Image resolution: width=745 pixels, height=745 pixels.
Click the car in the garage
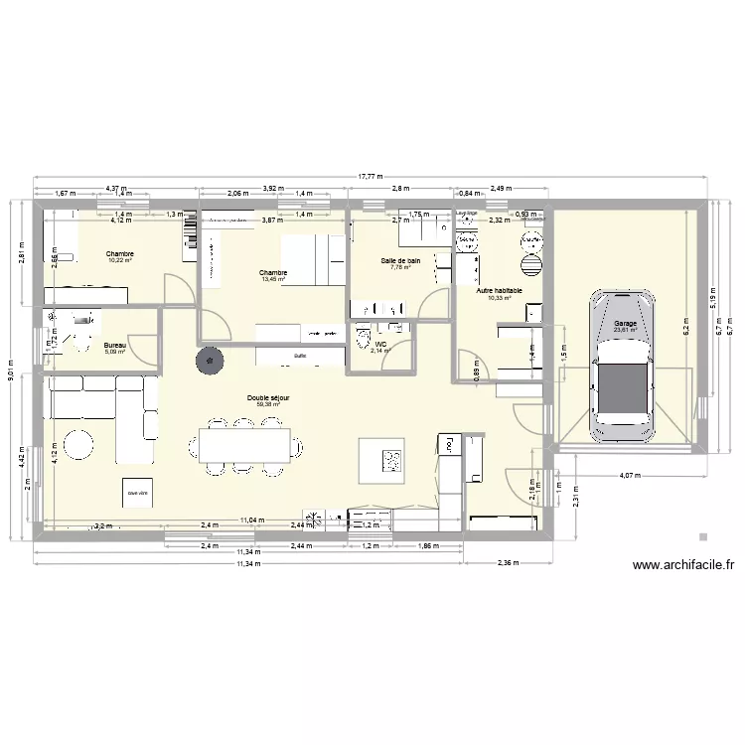[x=623, y=365]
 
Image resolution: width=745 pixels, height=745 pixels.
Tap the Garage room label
[x=625, y=323]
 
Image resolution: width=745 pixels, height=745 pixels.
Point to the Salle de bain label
[x=400, y=260]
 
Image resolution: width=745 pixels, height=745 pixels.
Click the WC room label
[x=380, y=344]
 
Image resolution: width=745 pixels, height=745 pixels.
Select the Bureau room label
[x=115, y=345]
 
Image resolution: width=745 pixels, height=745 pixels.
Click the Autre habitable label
[x=499, y=290]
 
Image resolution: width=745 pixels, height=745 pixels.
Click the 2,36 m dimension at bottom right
[x=508, y=564]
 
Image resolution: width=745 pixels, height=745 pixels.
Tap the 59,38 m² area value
[x=268, y=405]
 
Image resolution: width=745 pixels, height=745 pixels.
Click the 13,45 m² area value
[x=273, y=279]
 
